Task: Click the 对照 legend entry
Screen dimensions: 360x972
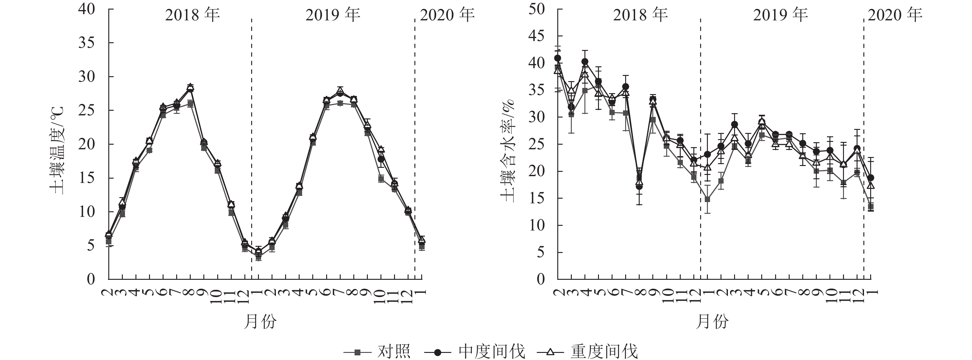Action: pyautogui.click(x=393, y=352)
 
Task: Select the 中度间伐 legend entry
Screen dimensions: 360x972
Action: pyautogui.click(x=491, y=352)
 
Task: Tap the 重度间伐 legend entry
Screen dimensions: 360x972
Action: pyautogui.click(x=604, y=352)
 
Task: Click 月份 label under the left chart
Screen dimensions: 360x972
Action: pyautogui.click(x=260, y=322)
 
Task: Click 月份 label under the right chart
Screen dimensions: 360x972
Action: pyautogui.click(x=712, y=322)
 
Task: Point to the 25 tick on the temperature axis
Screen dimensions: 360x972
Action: pyautogui.click(x=86, y=110)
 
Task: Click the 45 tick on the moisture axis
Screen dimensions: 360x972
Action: pyautogui.click(x=536, y=36)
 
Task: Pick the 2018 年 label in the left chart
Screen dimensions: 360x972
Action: pyautogui.click(x=193, y=15)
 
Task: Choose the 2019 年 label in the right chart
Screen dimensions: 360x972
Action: pyautogui.click(x=780, y=15)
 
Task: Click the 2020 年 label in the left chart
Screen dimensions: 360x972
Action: pyautogui.click(x=447, y=15)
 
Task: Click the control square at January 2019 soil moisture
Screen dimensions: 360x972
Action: pyautogui.click(x=708, y=199)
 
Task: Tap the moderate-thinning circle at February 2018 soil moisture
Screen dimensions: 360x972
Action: pyautogui.click(x=557, y=58)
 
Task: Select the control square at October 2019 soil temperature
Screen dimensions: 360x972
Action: pyautogui.click(x=381, y=179)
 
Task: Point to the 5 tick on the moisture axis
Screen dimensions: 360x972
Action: pyautogui.click(x=540, y=252)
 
